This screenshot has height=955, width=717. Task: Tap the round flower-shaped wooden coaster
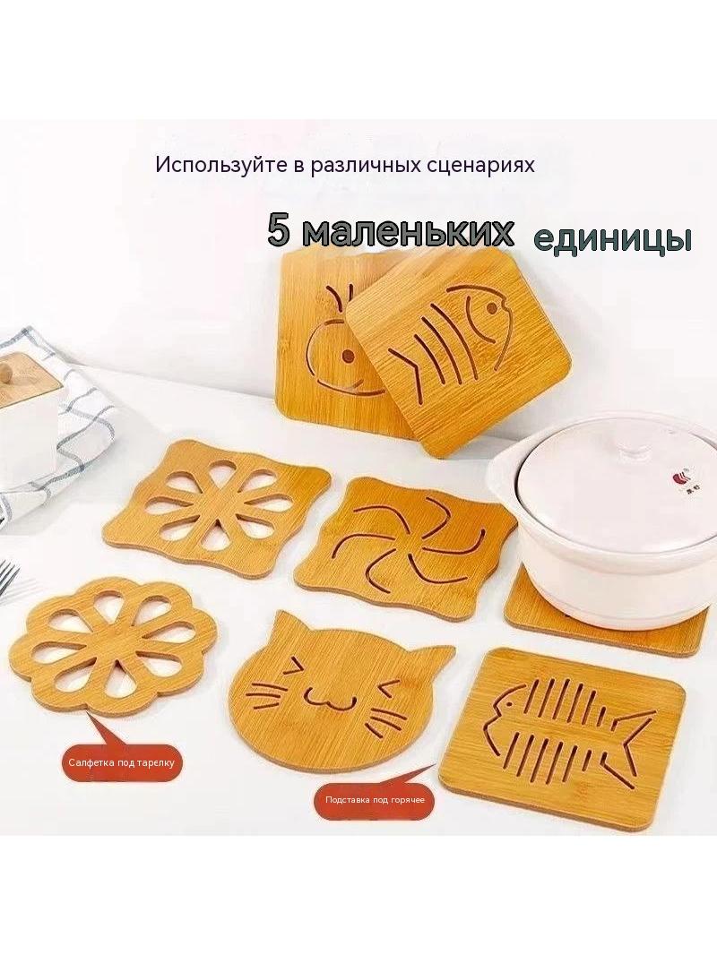click(113, 648)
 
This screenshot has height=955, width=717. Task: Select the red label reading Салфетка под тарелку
click(122, 761)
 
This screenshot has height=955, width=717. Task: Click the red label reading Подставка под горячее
click(375, 800)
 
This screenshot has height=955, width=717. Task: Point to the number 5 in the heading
click(278, 231)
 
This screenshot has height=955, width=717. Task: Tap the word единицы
click(613, 239)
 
